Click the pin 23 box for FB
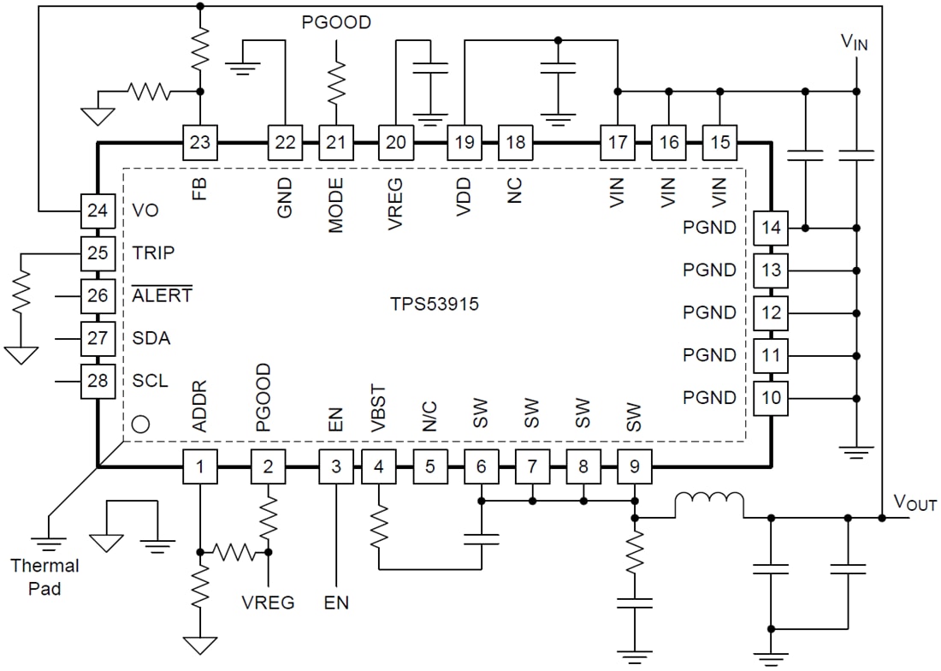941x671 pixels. tap(199, 142)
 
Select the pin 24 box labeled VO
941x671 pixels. tap(98, 210)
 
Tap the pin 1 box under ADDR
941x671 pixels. tap(199, 467)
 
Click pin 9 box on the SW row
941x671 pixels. tap(634, 467)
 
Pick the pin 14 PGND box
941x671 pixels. tap(771, 228)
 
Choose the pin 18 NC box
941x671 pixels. tap(516, 142)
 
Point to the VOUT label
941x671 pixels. tap(914, 504)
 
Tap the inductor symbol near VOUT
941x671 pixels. tap(709, 505)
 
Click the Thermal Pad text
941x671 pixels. tap(44, 578)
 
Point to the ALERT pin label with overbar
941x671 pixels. tap(163, 295)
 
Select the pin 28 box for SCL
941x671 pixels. tap(98, 381)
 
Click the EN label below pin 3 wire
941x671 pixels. tap(336, 603)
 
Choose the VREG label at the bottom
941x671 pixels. tap(268, 603)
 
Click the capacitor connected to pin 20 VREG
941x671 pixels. tap(429, 68)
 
